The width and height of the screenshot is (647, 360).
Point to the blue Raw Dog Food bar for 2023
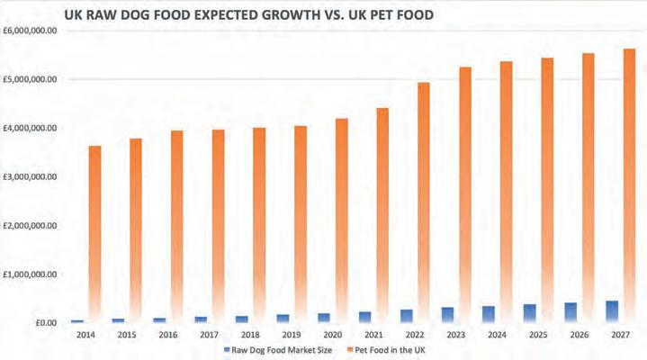coord(448,315)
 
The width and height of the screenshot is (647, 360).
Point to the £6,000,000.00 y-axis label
coord(31,31)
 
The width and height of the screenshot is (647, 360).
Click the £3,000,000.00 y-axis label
coord(31,176)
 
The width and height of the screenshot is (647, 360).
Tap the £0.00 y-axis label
coord(44,322)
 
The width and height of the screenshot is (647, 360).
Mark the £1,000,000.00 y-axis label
coord(31,274)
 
